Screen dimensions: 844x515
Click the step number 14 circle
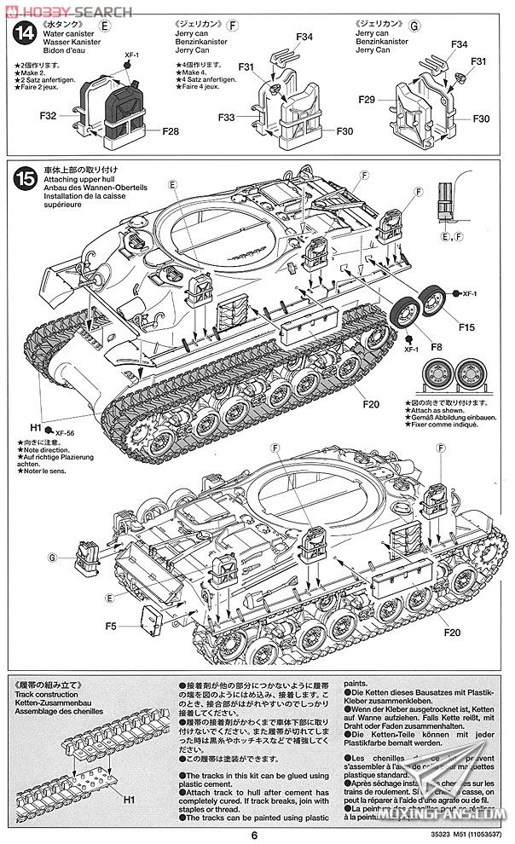[26, 34]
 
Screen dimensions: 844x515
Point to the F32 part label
[48, 115]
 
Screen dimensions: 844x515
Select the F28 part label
[171, 131]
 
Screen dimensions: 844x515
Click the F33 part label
[227, 118]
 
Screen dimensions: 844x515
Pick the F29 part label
[367, 101]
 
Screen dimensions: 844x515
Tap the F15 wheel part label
[466, 326]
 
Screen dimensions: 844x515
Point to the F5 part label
[111, 627]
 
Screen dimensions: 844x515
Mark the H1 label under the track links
[130, 801]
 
